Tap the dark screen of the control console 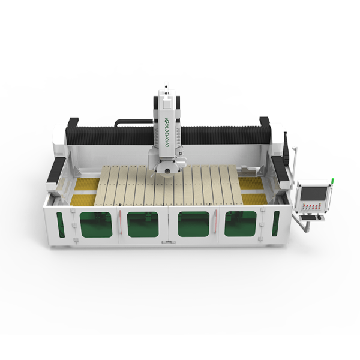[x=314, y=194]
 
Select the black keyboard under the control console [x=309, y=217]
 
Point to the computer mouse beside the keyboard [x=319, y=217]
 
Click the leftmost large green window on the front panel [x=96, y=224]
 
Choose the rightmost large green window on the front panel [x=241, y=224]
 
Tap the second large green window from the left [x=143, y=224]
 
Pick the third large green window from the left [x=194, y=224]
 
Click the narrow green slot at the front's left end [x=61, y=225]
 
